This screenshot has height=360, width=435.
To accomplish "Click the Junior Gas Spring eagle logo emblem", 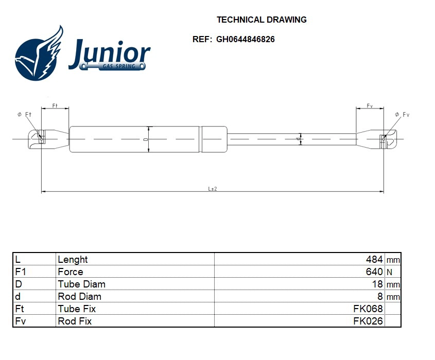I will coord(39,55).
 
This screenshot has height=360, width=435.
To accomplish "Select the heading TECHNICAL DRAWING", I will coord(262,20).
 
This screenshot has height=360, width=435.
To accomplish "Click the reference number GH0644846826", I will coord(245,39).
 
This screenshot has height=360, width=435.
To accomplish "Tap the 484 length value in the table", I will coord(374,259).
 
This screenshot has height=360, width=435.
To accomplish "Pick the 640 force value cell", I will coord(374,272).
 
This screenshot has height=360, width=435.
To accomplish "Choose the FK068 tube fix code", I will coord(368,309).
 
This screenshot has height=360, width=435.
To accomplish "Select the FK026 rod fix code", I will coord(368,321).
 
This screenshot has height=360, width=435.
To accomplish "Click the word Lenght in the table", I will coord(73,259).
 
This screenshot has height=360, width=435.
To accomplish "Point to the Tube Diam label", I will coord(81,284).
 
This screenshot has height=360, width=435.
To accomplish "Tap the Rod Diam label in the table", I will coord(79,296).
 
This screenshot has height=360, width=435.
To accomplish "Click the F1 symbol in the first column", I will coord(21,272).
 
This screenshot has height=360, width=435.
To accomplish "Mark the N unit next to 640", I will coord(389,272).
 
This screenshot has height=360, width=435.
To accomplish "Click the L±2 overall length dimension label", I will coord(212,189).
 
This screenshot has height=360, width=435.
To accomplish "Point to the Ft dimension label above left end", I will coord(55,105).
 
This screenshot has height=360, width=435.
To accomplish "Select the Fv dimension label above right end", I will coord(370,105).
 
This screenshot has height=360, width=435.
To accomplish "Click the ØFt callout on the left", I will coord(25,114).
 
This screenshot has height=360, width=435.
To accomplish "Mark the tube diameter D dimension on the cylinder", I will coord(147,139).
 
